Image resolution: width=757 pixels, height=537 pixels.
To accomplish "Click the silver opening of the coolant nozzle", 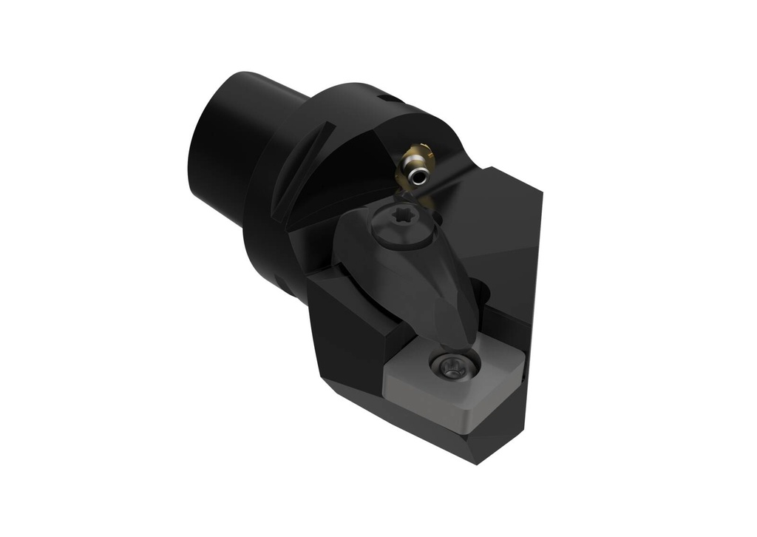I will tap(421, 175).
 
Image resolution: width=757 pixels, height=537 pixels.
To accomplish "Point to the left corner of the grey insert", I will tap(388, 379).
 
